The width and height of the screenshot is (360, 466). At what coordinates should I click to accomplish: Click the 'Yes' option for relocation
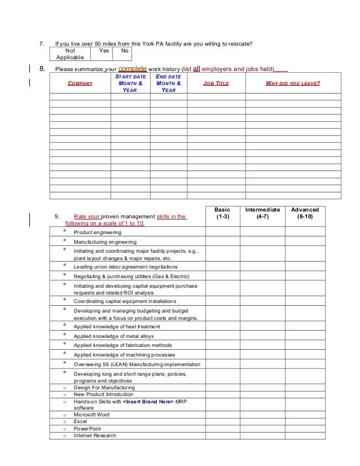pyautogui.click(x=104, y=50)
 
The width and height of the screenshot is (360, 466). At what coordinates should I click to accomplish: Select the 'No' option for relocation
pyautogui.click(x=124, y=50)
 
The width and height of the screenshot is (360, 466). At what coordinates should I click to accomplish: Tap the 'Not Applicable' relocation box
pyautogui.click(x=70, y=54)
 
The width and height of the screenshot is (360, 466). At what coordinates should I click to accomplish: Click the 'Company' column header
pyautogui.click(x=80, y=83)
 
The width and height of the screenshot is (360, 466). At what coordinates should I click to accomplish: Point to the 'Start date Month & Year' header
pyautogui.click(x=130, y=83)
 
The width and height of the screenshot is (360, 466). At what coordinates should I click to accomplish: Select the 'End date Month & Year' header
pyautogui.click(x=168, y=83)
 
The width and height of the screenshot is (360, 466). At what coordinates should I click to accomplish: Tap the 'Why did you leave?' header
pyautogui.click(x=293, y=83)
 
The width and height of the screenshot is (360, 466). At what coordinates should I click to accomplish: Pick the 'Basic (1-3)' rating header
pyautogui.click(x=222, y=213)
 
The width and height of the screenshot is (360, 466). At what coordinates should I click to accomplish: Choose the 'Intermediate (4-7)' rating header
pyautogui.click(x=262, y=213)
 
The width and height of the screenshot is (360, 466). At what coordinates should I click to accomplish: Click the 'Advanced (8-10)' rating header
pyautogui.click(x=305, y=213)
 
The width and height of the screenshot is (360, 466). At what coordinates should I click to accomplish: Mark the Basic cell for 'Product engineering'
pyautogui.click(x=222, y=232)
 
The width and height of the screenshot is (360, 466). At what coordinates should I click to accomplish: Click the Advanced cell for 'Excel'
pyautogui.click(x=305, y=421)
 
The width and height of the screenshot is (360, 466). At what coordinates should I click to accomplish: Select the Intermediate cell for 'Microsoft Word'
pyautogui.click(x=262, y=414)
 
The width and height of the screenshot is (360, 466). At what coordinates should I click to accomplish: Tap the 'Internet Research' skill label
pyautogui.click(x=95, y=436)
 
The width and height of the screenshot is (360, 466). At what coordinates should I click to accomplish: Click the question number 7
pyautogui.click(x=39, y=43)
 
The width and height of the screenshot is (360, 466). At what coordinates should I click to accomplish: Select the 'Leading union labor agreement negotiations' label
pyautogui.click(x=125, y=267)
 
